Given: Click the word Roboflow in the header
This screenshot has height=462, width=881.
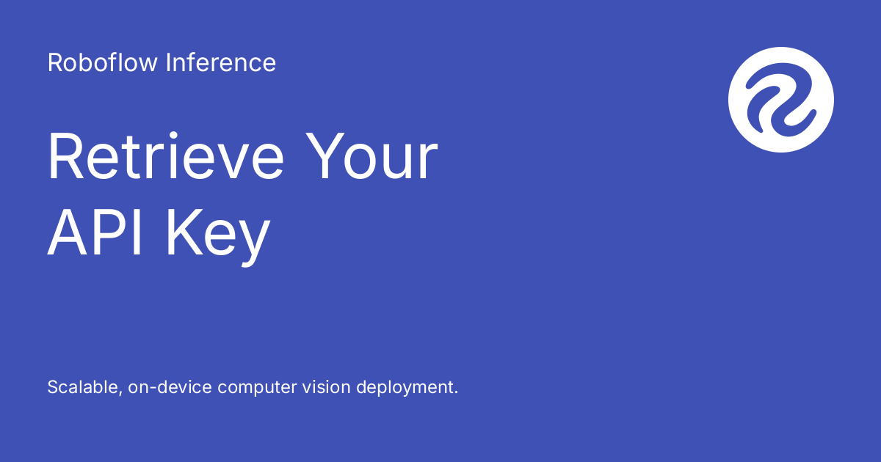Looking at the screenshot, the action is pyautogui.click(x=102, y=62).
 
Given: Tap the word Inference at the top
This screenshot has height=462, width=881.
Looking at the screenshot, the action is pyautogui.click(x=221, y=62).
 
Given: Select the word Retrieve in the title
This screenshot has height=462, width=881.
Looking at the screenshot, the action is pyautogui.click(x=166, y=156).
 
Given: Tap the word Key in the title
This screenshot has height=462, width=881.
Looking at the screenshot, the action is pyautogui.click(x=219, y=238).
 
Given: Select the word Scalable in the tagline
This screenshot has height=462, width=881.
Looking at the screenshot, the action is pyautogui.click(x=84, y=387).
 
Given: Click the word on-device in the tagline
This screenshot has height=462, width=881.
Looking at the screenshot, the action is pyautogui.click(x=170, y=387).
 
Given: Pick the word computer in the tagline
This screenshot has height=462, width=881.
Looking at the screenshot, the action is pyautogui.click(x=257, y=388).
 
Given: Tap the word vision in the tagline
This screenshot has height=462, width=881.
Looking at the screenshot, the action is pyautogui.click(x=326, y=387).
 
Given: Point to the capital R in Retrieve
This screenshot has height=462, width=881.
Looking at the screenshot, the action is pyautogui.click(x=65, y=156).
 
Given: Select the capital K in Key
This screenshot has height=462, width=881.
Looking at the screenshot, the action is pyautogui.click(x=184, y=232).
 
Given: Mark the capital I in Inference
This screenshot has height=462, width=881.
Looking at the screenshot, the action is pyautogui.click(x=168, y=62).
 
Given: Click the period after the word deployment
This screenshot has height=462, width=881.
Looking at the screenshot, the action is pyautogui.click(x=456, y=392).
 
